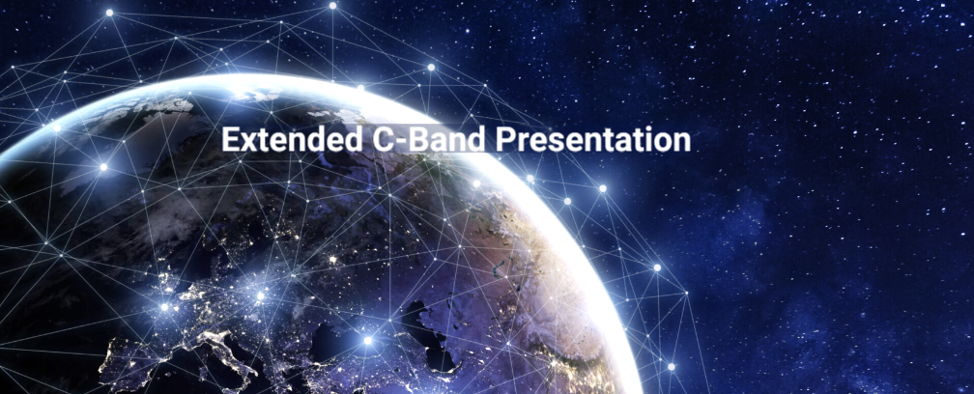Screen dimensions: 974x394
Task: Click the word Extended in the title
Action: click(x=292, y=140)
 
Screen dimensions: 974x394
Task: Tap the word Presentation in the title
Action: click(x=592, y=140)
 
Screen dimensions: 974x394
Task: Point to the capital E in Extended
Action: click(x=230, y=140)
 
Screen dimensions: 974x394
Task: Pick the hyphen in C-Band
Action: click(x=397, y=143)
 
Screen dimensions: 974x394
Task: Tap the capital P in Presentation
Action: click(x=504, y=140)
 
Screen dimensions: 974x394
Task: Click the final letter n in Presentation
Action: click(x=682, y=143)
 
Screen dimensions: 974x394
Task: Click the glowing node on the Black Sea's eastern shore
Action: click(x=367, y=341)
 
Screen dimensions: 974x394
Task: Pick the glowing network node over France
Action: click(x=164, y=306)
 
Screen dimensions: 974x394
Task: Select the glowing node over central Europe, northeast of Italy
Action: click(x=260, y=295)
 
